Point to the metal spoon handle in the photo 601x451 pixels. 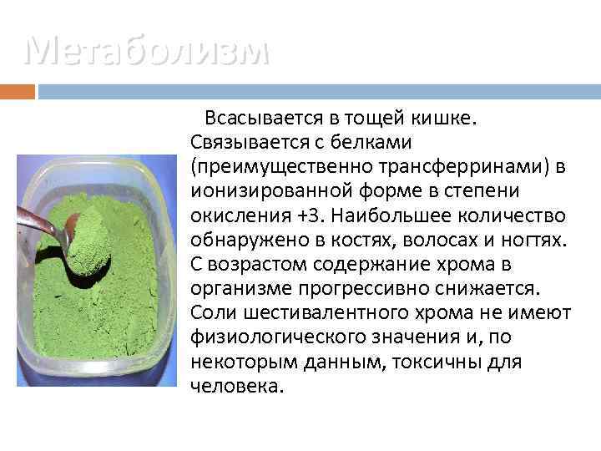point(38,218)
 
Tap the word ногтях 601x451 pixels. point(537,241)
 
